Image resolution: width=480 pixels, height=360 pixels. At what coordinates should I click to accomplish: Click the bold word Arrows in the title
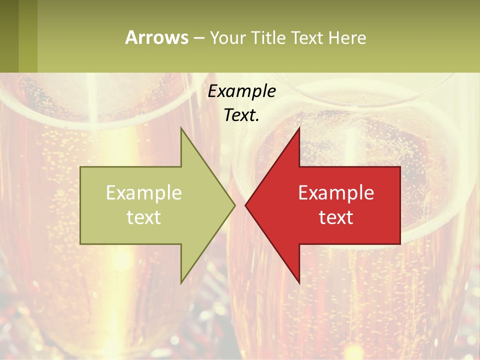156,37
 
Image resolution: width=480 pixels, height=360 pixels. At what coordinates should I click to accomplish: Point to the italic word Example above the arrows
241,91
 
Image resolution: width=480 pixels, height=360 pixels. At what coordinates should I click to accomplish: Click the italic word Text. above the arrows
241,115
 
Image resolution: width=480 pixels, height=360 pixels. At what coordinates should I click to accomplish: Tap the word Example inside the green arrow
144,192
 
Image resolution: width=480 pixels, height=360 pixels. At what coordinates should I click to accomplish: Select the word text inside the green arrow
144,217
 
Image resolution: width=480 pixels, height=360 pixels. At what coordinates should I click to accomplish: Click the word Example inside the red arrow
336,192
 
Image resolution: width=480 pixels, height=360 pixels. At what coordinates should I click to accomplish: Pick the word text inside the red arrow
336,217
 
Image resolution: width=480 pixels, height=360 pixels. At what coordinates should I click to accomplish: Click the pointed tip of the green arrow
234,205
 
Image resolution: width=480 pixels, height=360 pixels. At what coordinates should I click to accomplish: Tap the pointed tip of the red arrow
245,205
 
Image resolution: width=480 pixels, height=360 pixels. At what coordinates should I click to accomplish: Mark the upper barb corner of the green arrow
181,128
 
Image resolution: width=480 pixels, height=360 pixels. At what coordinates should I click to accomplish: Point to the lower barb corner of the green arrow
181,282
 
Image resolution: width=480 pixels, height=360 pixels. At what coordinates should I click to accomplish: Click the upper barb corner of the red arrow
299,128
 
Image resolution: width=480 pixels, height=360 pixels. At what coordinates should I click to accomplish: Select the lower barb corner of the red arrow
299,282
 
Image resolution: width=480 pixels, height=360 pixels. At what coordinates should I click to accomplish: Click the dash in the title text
198,38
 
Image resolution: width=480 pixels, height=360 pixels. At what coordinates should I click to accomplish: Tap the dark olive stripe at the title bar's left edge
9,36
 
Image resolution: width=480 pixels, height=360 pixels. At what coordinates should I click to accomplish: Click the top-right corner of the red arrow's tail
400,167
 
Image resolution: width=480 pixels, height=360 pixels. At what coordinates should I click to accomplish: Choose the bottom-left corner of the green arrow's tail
80,243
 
